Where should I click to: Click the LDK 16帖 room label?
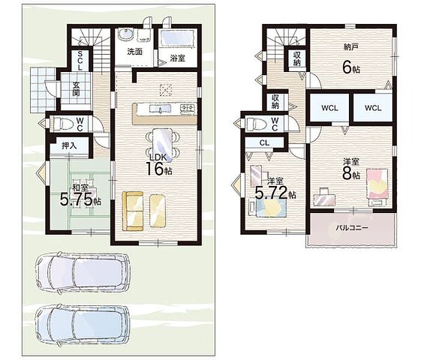coord(159,165)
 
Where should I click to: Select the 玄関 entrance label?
coord(76,89)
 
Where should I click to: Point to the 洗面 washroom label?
coord(135,52)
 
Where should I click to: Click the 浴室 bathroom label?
coord(178,58)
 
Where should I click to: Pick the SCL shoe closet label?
coord(80,61)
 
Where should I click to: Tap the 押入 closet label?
coord(69,146)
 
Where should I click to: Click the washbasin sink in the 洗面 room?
coord(126,34)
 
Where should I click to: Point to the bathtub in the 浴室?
coord(177,38)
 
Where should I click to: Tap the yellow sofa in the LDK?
coord(133,211)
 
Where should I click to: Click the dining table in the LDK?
coord(162,144)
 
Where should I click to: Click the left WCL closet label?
coord(330,108)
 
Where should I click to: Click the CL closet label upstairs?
coord(264,143)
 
